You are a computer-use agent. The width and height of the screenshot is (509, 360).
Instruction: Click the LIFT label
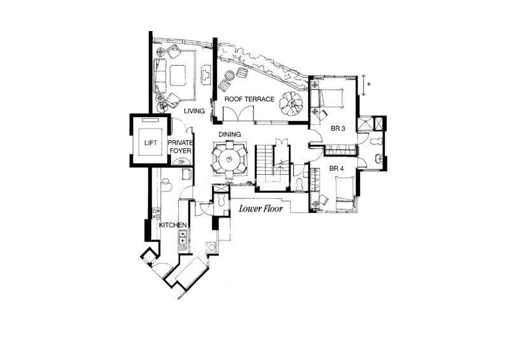pyautogui.click(x=151, y=143)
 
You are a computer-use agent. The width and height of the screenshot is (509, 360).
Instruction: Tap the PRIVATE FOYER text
pyautogui.click(x=180, y=147)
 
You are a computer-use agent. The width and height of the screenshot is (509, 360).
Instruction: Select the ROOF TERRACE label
pyautogui.click(x=249, y=99)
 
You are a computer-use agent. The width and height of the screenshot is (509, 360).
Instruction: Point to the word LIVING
pyautogui.click(x=195, y=111)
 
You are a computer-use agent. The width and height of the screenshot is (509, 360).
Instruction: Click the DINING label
pyautogui.click(x=230, y=134)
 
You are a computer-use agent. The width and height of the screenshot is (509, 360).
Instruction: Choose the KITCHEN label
pyautogui.click(x=172, y=225)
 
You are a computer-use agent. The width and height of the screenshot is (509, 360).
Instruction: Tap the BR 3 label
pyautogui.click(x=338, y=128)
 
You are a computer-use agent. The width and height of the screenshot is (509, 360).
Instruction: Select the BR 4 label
pyautogui.click(x=337, y=169)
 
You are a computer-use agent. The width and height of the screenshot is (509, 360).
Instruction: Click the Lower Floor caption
pyautogui.click(x=261, y=209)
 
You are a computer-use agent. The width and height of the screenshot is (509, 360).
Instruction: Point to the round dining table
pyautogui.click(x=230, y=159)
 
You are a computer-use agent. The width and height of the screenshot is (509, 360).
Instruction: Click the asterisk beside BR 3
pyautogui.click(x=368, y=84)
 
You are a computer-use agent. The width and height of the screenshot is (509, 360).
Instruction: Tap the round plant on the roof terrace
pyautogui.click(x=291, y=103)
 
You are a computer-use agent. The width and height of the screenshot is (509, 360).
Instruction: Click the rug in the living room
pyautogui.click(x=178, y=75)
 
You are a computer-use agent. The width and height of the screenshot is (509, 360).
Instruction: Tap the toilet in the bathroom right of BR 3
pyautogui.click(x=377, y=142)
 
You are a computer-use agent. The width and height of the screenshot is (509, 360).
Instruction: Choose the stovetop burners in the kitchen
pyautogui.click(x=183, y=237)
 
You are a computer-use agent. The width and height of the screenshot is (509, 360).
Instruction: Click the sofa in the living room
pyautogui.click(x=160, y=75)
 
